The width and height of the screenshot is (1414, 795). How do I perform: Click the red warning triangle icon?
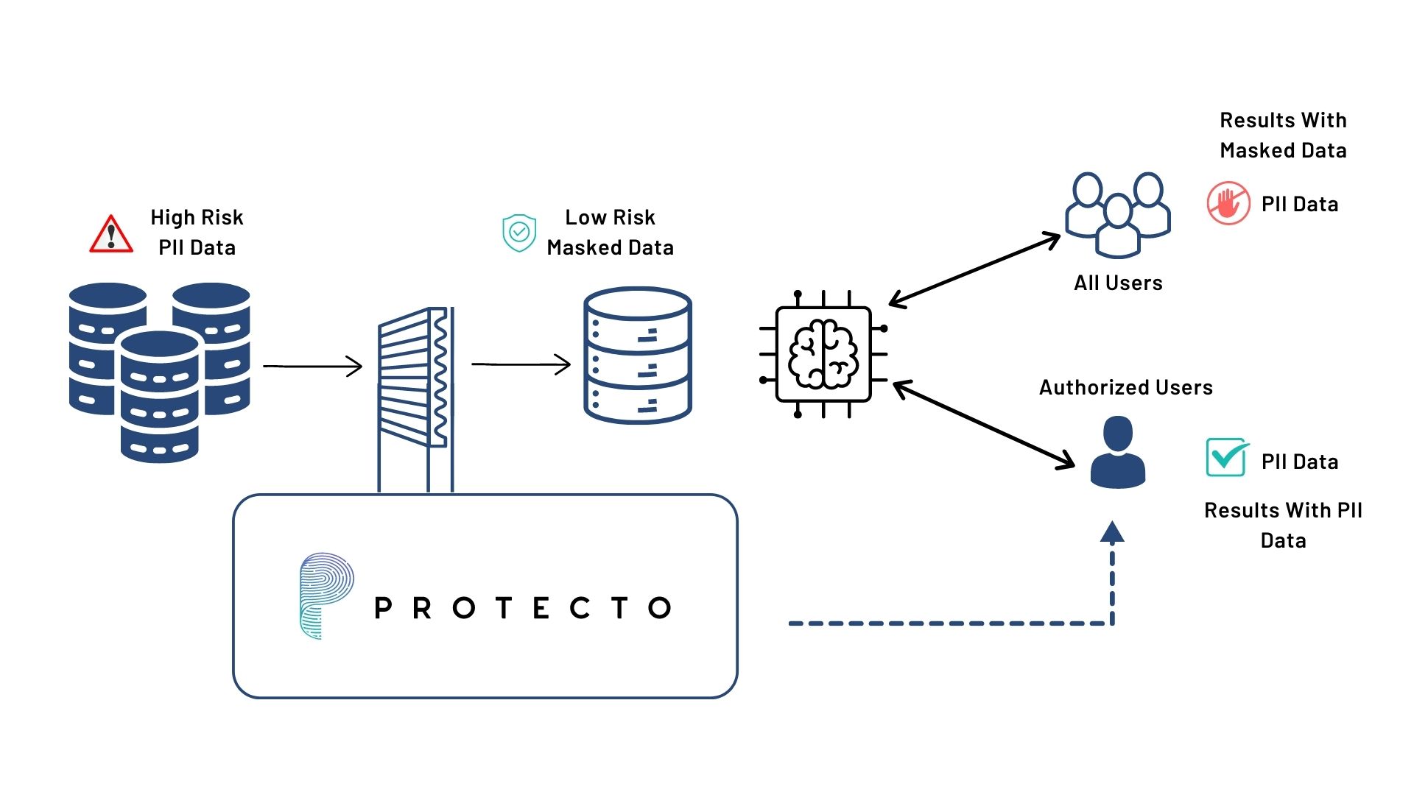111,235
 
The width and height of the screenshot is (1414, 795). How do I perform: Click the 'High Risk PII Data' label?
197,232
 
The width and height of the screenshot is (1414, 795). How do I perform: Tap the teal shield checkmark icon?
519,233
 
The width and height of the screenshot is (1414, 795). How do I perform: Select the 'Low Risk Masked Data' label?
610,232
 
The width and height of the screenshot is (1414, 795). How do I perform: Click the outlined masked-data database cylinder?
638,356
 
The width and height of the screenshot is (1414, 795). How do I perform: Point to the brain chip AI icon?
823,354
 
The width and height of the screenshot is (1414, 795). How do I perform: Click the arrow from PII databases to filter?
313,366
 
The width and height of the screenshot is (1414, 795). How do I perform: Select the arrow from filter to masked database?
521,364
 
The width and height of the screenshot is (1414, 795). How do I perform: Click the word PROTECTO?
523,608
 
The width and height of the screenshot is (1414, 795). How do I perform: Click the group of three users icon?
1118,214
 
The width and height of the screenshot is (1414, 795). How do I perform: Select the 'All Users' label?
1118,283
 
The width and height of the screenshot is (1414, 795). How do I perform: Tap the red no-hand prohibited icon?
1228,203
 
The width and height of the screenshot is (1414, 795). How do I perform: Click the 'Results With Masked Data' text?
1283,135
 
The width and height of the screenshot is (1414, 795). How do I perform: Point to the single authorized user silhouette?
1118,452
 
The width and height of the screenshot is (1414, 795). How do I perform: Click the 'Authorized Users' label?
1125,387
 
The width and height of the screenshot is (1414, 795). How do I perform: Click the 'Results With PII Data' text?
1283,525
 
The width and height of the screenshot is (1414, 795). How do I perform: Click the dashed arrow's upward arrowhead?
1112,532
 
